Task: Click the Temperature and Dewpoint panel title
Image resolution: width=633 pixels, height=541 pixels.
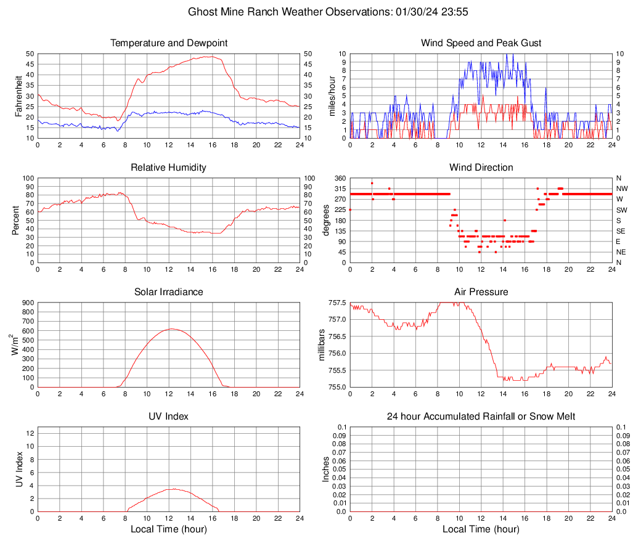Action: click(169, 43)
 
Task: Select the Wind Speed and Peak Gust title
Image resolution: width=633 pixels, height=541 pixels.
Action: click(481, 43)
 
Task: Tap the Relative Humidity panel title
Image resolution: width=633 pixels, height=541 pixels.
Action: click(169, 168)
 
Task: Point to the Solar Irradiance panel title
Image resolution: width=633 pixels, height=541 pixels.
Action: click(169, 292)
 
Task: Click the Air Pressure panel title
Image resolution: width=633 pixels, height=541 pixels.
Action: click(481, 292)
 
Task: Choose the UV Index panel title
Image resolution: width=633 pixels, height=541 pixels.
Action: click(169, 417)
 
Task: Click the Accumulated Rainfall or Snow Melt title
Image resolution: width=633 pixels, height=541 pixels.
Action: click(481, 417)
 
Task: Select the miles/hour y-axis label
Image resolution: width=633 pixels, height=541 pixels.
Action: click(332, 96)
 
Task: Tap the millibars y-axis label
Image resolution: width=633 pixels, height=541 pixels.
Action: click(321, 345)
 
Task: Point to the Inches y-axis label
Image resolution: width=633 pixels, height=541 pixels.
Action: click(326, 469)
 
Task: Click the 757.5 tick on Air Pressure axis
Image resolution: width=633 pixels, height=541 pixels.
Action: click(337, 303)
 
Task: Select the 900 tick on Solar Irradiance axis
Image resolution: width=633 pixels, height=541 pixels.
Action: click(28, 303)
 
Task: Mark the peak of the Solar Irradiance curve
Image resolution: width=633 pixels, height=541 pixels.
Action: click(171, 329)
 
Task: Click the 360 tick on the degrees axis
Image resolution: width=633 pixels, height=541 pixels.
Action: click(338, 178)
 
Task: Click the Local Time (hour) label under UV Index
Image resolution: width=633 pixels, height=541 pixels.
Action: click(169, 529)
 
